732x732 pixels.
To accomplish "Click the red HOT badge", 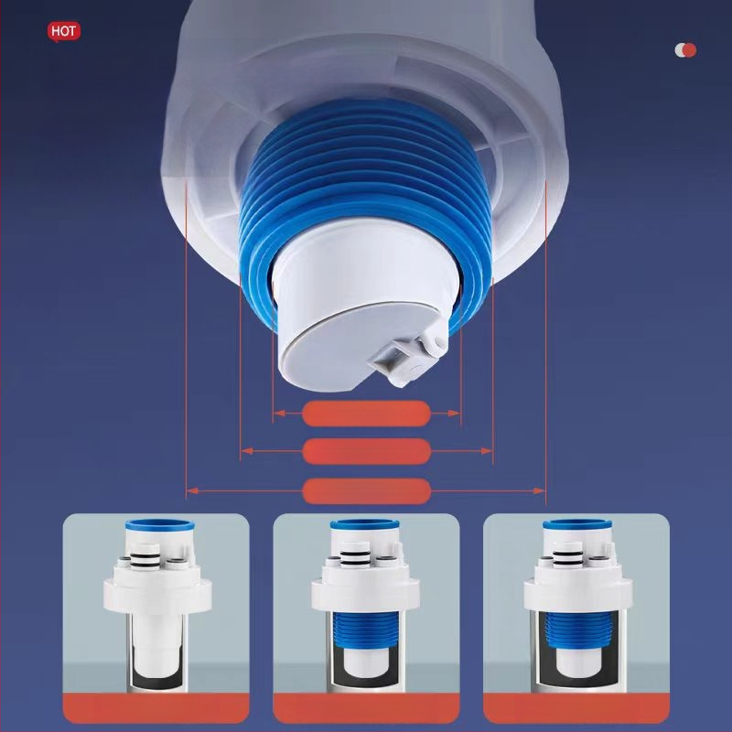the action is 64,32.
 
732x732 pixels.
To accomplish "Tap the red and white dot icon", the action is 685,50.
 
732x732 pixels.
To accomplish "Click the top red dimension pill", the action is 367,414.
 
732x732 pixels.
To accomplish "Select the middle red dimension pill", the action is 367,451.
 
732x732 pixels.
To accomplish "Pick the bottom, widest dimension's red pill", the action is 367,491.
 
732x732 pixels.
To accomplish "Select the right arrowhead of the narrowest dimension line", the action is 455,414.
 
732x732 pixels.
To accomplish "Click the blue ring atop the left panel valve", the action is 159,524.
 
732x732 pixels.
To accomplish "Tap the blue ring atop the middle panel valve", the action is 365,524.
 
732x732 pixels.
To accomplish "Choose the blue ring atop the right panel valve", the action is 577,524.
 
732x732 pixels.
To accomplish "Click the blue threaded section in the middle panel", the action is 366,632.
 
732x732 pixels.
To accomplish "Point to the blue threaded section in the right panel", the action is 577,630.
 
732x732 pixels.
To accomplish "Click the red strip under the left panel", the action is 156,708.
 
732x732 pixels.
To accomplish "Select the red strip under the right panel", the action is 576,708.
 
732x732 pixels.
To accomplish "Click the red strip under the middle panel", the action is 366,708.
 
